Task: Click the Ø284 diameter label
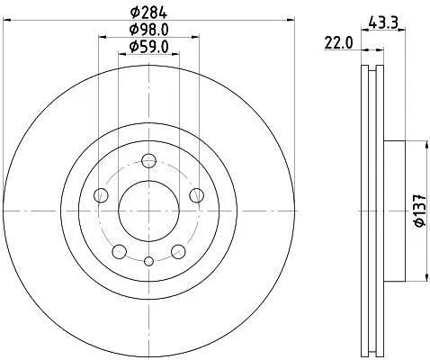coord(148,13)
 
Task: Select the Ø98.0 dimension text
coord(148,30)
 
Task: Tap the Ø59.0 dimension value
coord(148,47)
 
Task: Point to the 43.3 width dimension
coord(383,22)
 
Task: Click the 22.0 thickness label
coord(338,44)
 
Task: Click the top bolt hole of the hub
coord(149,161)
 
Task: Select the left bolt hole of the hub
coord(101,195)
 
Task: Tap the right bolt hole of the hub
coord(197,195)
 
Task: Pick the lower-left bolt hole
coord(120,252)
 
